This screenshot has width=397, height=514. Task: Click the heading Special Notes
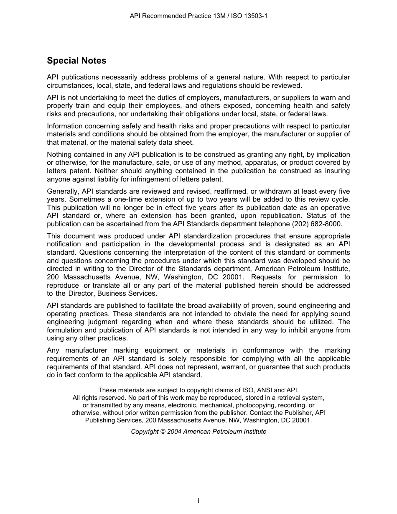(76, 61)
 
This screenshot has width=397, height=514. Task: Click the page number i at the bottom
(198, 501)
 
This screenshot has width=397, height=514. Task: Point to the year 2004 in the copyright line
(174, 432)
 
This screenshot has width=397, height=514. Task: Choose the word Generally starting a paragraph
(63, 191)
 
